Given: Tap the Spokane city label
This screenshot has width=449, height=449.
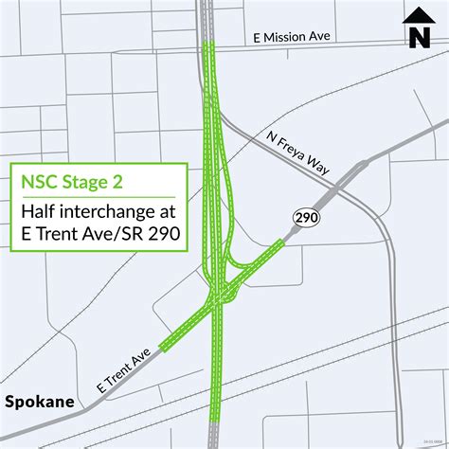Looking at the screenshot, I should point(39,401).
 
